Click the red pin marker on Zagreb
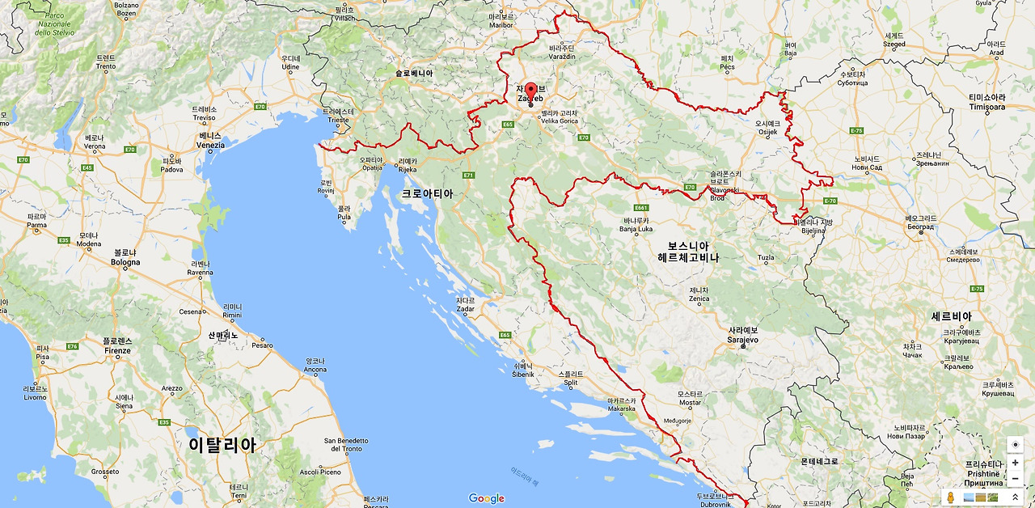pyautogui.click(x=530, y=91)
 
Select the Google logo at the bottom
pyautogui.click(x=486, y=498)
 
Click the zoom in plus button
pyautogui.click(x=1015, y=463)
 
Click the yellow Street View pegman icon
pyautogui.click(x=951, y=497)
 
